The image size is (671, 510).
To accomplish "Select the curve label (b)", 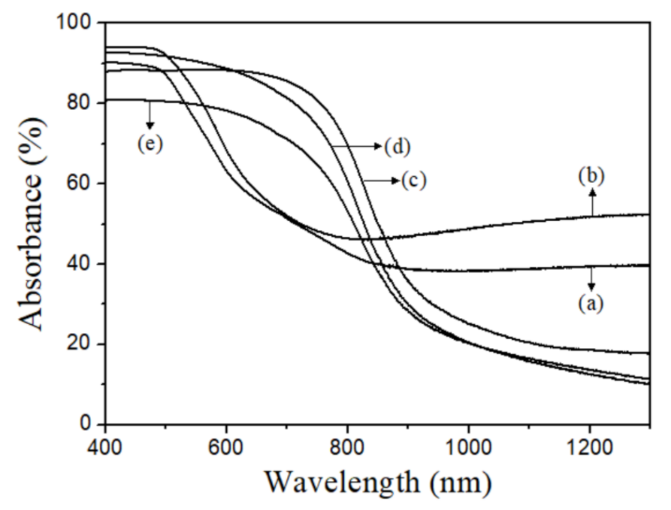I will [x=592, y=176].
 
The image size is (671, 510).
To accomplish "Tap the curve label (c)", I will [x=414, y=180].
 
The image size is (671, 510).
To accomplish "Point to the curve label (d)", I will [x=397, y=147].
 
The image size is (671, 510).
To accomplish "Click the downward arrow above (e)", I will [x=149, y=115].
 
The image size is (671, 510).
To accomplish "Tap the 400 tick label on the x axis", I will [x=105, y=447].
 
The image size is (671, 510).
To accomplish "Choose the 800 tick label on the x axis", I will [x=347, y=447].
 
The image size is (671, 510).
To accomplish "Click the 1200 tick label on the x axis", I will [x=589, y=447].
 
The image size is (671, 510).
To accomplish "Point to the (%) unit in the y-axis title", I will [x=32, y=138].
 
